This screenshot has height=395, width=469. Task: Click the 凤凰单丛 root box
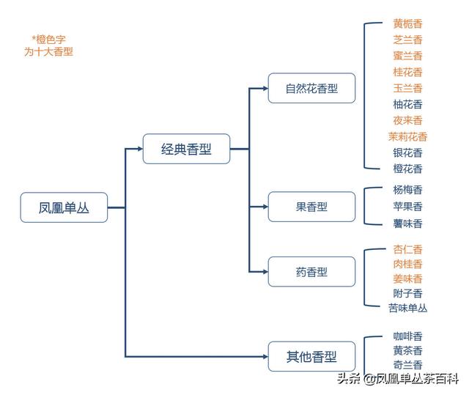click(64, 207)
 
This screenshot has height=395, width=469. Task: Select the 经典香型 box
click(186, 149)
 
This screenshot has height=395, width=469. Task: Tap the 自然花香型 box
click(311, 89)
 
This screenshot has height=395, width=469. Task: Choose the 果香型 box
click(311, 207)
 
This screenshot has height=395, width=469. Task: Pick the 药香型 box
click(311, 272)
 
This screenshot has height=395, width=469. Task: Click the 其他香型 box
click(311, 357)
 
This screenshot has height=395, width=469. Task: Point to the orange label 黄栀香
click(407, 24)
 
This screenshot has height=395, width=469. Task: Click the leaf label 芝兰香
click(407, 40)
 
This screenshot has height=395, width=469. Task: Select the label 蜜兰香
click(407, 56)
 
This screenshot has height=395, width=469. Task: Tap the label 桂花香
click(407, 72)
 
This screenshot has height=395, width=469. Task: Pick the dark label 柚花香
click(407, 104)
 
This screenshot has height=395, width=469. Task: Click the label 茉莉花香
click(407, 136)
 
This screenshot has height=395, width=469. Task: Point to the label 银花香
click(407, 152)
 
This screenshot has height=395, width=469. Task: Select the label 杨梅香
click(407, 189)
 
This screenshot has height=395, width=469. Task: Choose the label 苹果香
click(407, 207)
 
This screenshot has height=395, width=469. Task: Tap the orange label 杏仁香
click(407, 249)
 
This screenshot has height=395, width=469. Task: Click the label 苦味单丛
click(407, 308)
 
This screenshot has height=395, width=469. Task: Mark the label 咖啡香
click(407, 336)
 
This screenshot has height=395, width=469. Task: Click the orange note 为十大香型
click(48, 52)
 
